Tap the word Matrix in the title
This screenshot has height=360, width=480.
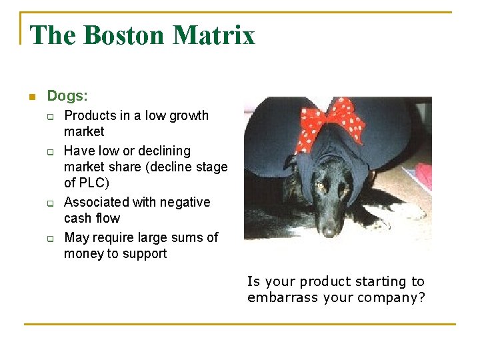coord(215,35)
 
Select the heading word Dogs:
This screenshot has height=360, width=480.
coord(67,96)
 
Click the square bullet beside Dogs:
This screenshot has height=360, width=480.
coord(31,97)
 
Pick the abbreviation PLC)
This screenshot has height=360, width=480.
coord(95,183)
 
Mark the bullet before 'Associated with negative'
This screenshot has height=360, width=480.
coord(49,203)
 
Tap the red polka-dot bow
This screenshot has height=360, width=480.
coord(331,123)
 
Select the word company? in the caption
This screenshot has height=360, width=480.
coord(393,298)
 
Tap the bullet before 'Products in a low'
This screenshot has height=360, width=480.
coord(49,117)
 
